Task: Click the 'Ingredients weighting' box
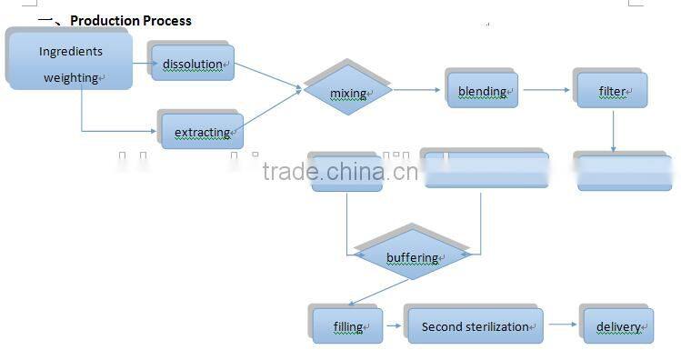pos(71,64)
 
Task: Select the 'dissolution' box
pos(193,64)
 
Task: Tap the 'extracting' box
pos(203,132)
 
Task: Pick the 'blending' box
pos(482,91)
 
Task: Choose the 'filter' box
pos(612,91)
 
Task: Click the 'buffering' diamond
pos(412,257)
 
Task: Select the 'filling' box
pos(347,325)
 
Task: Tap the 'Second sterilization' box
pos(475,325)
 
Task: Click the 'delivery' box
pos(618,325)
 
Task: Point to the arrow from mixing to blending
pos(419,90)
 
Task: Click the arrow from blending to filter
pos(546,90)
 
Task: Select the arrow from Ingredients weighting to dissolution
pos(142,64)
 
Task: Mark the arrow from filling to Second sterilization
pos(394,325)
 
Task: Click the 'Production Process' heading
pos(131,20)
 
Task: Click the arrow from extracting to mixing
pos(273,109)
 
